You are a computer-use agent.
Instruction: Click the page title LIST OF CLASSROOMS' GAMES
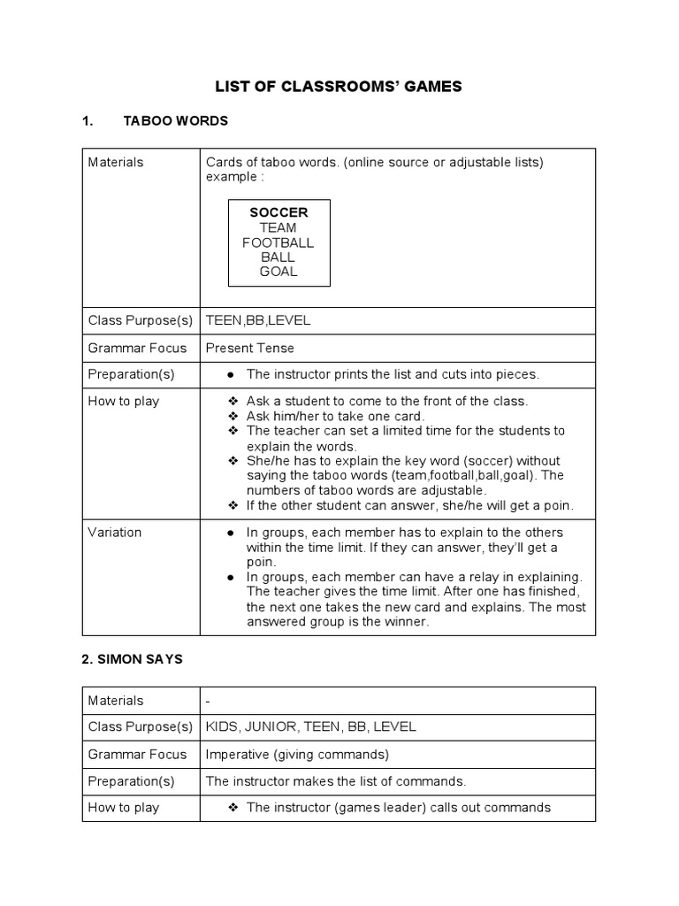[x=339, y=87]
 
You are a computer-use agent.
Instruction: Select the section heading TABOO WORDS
[x=175, y=121]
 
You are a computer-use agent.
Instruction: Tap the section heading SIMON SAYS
[x=133, y=660]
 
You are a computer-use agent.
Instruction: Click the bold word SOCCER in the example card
[x=278, y=212]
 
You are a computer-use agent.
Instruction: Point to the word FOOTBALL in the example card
[x=278, y=242]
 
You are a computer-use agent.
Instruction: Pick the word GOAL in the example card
[x=278, y=272]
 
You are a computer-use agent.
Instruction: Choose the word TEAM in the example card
[x=278, y=227]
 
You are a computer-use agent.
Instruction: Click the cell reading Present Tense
[x=250, y=348]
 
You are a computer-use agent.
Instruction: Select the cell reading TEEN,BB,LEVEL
[x=258, y=321]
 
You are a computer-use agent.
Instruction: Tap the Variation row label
[x=115, y=533]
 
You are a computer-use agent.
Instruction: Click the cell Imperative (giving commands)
[x=297, y=754]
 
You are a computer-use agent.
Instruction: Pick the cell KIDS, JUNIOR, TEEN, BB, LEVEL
[x=310, y=727]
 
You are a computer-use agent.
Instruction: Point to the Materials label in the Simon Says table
[x=116, y=701]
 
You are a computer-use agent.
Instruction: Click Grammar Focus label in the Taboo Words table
[x=138, y=348]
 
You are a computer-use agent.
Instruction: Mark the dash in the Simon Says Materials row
[x=208, y=701]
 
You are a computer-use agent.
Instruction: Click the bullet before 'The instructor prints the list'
[x=231, y=375]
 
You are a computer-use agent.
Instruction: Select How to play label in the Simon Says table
[x=124, y=807]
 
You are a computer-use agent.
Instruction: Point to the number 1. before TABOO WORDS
[x=88, y=121]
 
